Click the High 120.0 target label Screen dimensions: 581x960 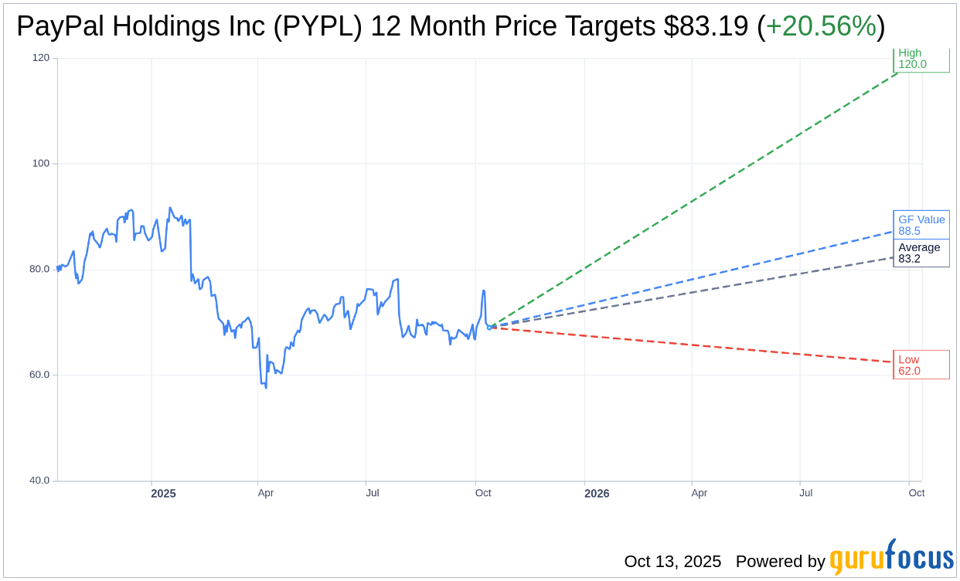[921, 59]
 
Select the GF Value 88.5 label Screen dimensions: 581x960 [921, 225]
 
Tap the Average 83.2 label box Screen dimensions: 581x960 [921, 253]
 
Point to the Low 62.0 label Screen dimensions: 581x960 [921, 365]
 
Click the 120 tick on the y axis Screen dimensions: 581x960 [41, 58]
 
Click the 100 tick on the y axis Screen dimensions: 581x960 [41, 164]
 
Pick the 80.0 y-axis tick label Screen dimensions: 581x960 [39, 270]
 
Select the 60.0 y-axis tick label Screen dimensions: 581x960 [39, 375]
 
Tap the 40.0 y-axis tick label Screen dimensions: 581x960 [39, 481]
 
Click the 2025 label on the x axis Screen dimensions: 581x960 [163, 494]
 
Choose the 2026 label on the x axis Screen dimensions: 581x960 [597, 494]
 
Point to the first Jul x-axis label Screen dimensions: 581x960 [373, 493]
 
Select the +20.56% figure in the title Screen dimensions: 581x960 [821, 26]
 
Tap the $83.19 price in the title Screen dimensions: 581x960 [706, 26]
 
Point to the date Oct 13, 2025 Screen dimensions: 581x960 [672, 562]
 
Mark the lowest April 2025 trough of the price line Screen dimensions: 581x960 [266, 387]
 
